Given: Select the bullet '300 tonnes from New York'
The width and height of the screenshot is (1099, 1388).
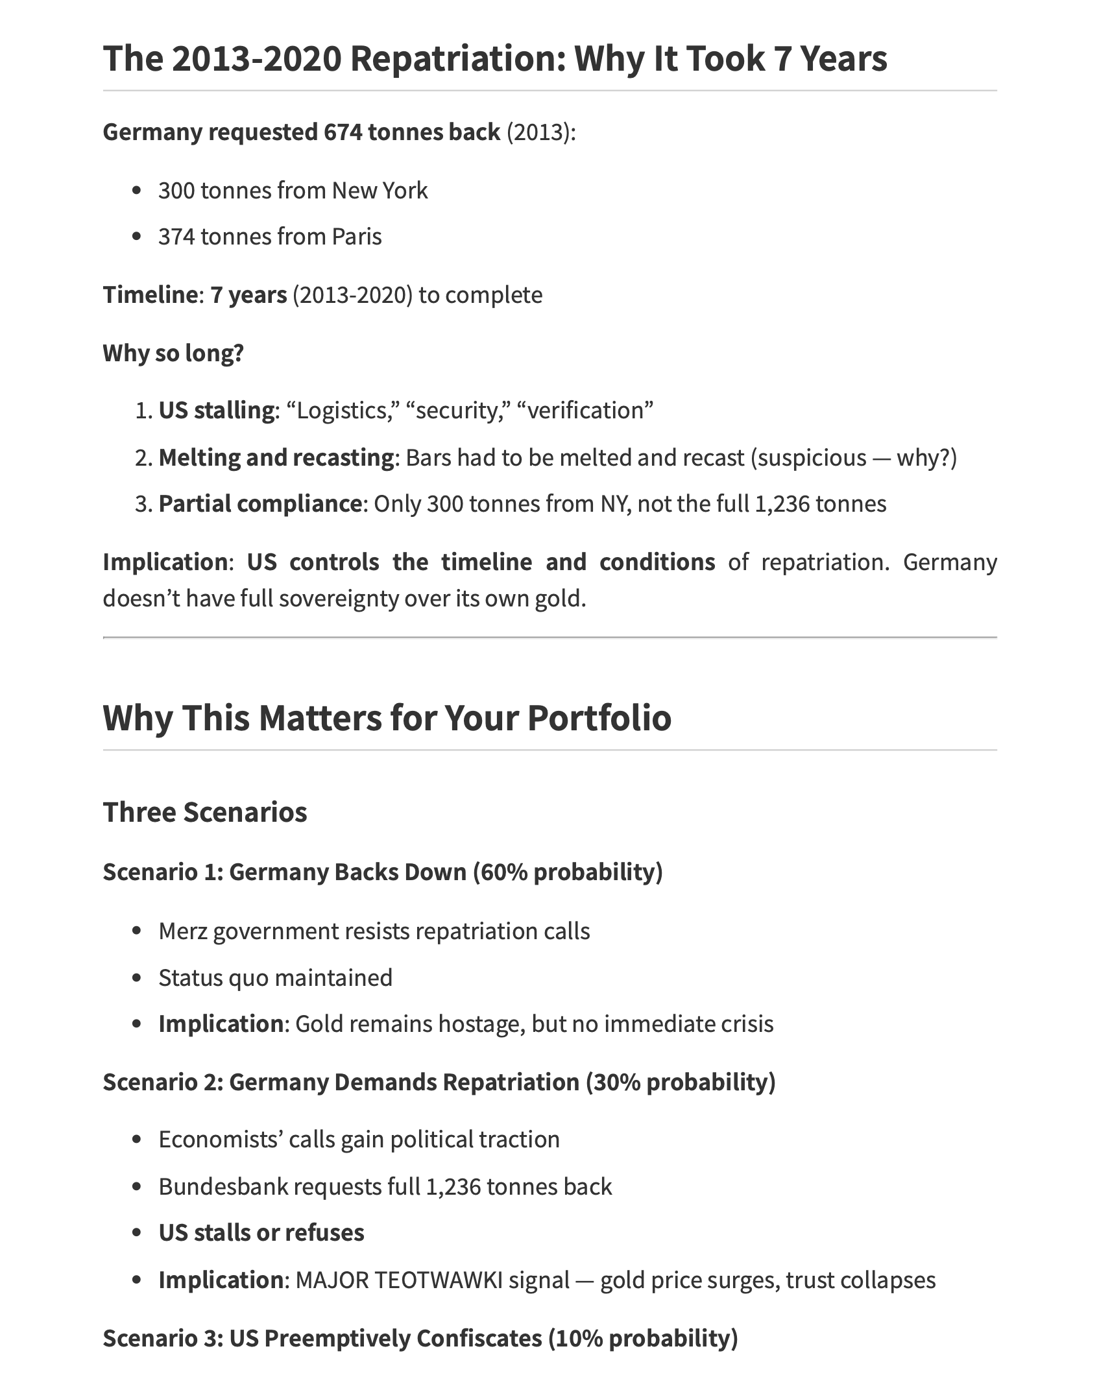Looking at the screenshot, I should click(x=293, y=191).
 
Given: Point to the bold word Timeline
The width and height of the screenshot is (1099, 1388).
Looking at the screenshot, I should click(x=150, y=295).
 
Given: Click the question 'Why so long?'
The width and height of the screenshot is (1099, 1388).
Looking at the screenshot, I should click(x=173, y=353).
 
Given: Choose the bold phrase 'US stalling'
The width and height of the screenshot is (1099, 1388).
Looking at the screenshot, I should click(x=217, y=411).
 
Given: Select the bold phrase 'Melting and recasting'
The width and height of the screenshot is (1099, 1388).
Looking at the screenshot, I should click(x=276, y=458).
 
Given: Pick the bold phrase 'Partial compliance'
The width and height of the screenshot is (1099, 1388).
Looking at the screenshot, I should click(x=260, y=504).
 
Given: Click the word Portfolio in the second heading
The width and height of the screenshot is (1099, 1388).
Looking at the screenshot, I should click(x=598, y=718).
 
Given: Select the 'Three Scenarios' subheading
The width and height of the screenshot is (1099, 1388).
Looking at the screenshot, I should click(x=205, y=813).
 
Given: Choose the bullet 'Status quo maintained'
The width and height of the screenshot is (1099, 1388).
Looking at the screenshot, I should click(x=276, y=977).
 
